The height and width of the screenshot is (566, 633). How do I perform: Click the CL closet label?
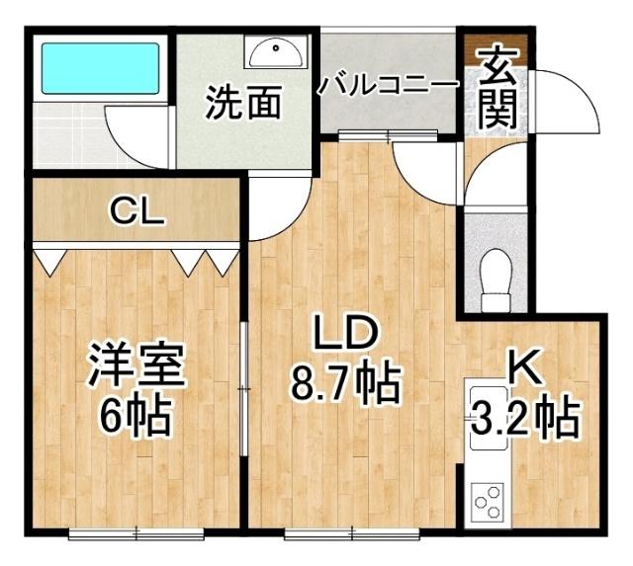(x=136, y=210)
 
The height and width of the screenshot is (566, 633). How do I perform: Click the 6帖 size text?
(x=136, y=417)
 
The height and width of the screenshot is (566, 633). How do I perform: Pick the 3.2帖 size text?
(x=523, y=418)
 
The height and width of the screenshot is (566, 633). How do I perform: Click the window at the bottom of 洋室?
(x=136, y=535)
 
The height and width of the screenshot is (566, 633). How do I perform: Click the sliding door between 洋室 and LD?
(x=244, y=390)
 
